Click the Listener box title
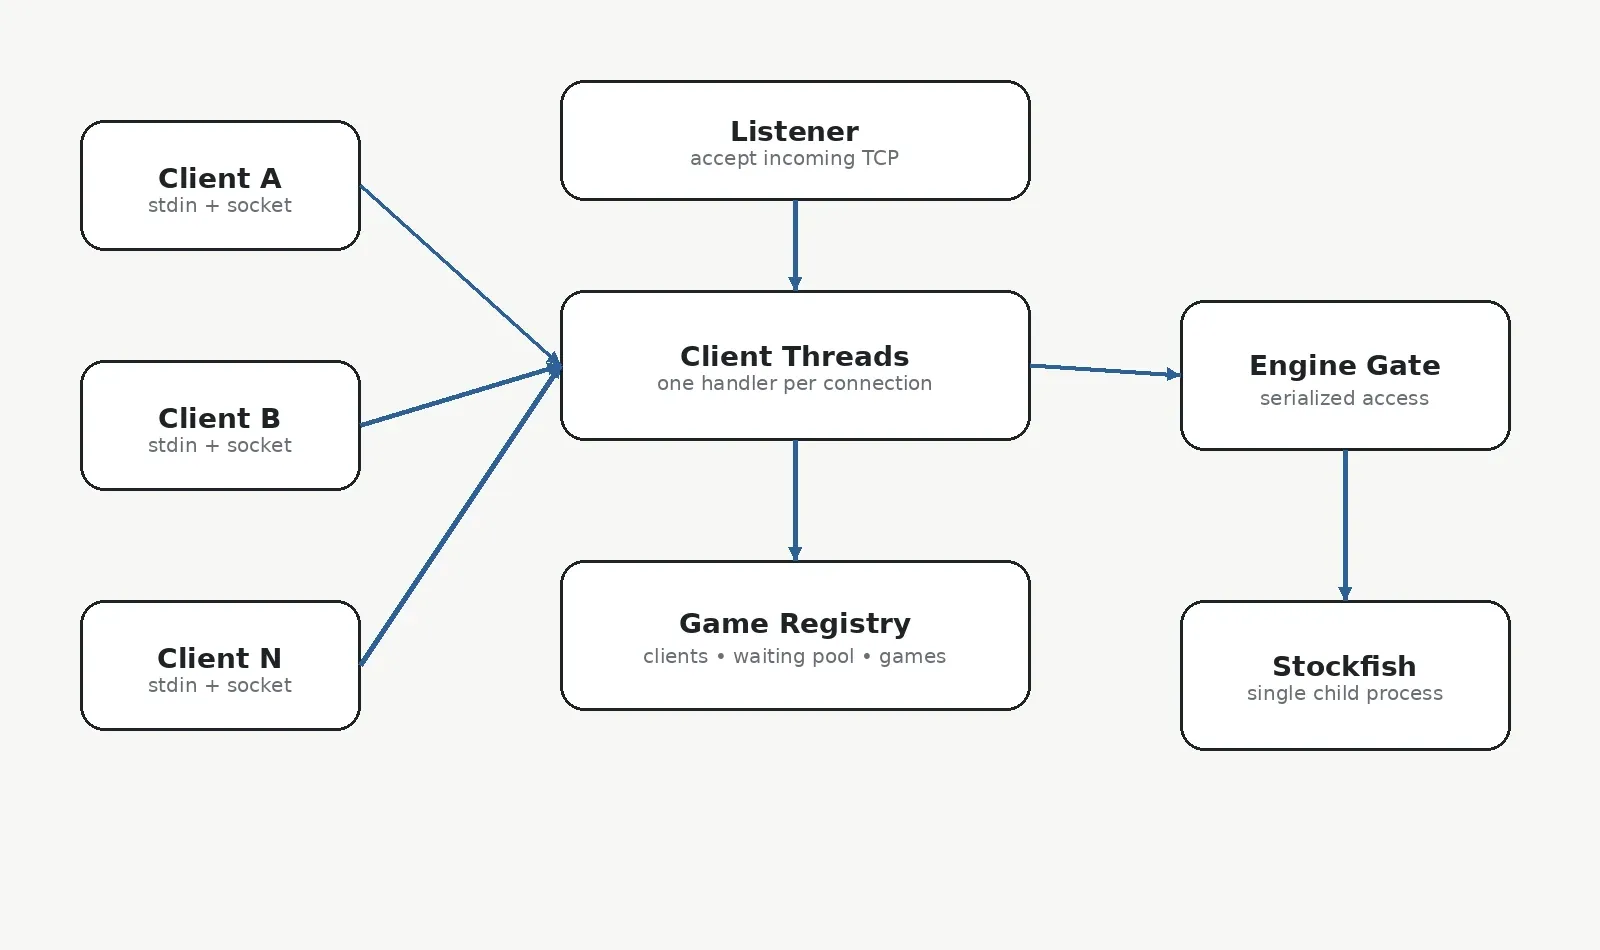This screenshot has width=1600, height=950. pyautogui.click(x=794, y=131)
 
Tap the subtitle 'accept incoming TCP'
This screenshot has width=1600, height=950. pyautogui.click(x=794, y=158)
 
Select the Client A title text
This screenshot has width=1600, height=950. pyautogui.click(x=220, y=178)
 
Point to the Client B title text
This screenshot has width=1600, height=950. pyautogui.click(x=220, y=418)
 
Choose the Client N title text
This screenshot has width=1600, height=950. pyautogui.click(x=220, y=658)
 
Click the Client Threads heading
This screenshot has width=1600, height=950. pyautogui.click(x=794, y=356)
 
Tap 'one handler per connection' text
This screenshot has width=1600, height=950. pyautogui.click(x=794, y=384)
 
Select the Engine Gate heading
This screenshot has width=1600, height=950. pyautogui.click(x=1345, y=366)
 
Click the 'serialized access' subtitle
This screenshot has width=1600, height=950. pyautogui.click(x=1344, y=398)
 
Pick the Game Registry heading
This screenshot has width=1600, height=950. pyautogui.click(x=795, y=624)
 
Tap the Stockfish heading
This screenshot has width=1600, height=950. pyautogui.click(x=1344, y=666)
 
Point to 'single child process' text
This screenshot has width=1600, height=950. pyautogui.click(x=1345, y=694)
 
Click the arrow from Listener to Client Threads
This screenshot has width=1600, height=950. pyautogui.click(x=795, y=245)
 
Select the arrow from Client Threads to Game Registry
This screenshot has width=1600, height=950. pyautogui.click(x=795, y=501)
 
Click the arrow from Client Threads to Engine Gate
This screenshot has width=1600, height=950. pyautogui.click(x=1105, y=370)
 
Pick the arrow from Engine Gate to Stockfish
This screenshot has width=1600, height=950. pyautogui.click(x=1345, y=526)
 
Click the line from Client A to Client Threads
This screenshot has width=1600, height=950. pyautogui.click(x=461, y=276)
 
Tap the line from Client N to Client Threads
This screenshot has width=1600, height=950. pyautogui.click(x=461, y=516)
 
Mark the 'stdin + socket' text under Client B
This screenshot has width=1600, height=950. pyautogui.click(x=220, y=445)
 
